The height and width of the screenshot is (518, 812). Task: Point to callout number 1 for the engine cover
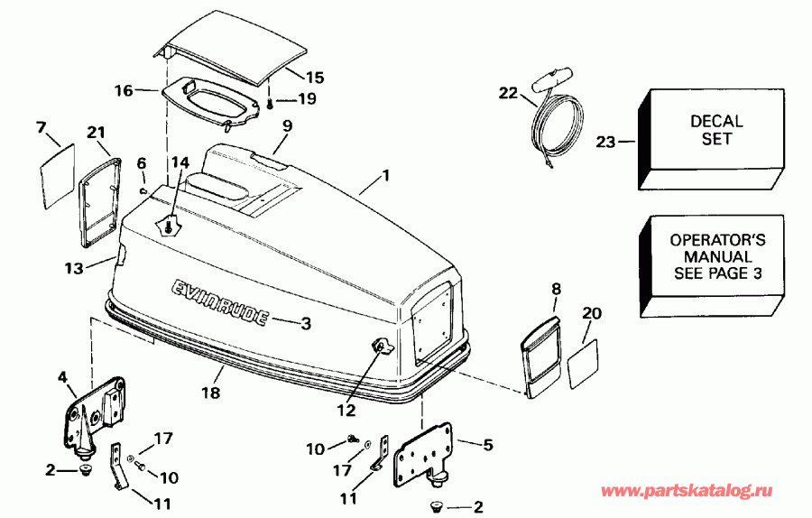click(x=385, y=176)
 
